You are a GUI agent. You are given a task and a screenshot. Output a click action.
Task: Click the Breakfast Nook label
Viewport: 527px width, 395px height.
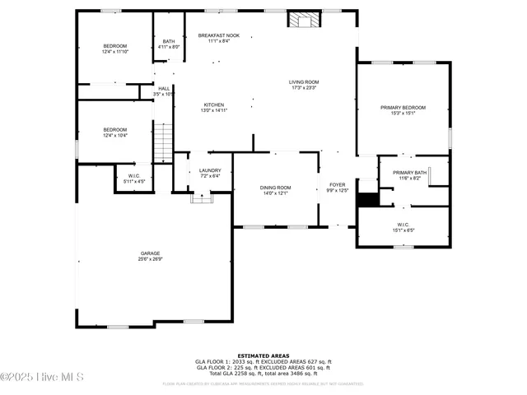[x=218, y=36]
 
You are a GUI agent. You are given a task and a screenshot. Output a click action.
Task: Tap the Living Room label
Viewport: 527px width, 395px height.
[x=303, y=82]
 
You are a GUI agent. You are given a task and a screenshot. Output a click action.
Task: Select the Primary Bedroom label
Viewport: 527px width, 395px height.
[x=403, y=108]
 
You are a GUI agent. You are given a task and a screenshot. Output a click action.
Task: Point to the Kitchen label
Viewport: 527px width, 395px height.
[x=214, y=105]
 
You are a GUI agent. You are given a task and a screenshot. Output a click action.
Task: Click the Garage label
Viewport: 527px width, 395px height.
[x=149, y=253]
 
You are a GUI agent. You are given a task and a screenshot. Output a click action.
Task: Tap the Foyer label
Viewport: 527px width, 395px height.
[x=338, y=184]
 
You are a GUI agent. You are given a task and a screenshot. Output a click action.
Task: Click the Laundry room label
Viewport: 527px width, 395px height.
[x=210, y=170]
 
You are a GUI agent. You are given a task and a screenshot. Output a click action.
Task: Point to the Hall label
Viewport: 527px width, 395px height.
[x=164, y=89]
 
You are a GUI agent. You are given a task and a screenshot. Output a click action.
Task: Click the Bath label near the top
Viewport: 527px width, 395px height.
[x=168, y=42]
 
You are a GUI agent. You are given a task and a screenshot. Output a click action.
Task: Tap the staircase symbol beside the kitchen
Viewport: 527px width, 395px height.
[x=164, y=142]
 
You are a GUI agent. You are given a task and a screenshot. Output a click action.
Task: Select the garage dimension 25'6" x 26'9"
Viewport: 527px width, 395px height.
[x=149, y=258]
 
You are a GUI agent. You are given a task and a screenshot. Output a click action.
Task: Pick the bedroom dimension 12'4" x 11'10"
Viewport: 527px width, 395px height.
[x=114, y=51]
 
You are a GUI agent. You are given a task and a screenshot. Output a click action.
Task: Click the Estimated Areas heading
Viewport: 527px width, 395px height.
[x=263, y=355]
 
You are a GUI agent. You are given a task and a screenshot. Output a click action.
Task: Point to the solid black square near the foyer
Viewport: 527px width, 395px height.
[x=367, y=198]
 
